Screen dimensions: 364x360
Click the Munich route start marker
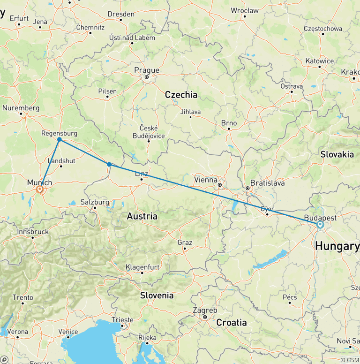point(40,189)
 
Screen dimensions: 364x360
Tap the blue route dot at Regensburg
point(60,139)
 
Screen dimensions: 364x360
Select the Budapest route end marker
point(320,225)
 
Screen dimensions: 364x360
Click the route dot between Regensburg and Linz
point(109,164)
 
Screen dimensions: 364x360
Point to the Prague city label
point(147,70)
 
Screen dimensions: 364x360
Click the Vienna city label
point(206,180)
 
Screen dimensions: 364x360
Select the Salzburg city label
point(94,202)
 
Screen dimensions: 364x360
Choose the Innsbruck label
point(33,232)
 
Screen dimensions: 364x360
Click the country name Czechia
point(181,95)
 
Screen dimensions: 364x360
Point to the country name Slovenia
point(157,296)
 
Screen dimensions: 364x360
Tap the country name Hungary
point(337,246)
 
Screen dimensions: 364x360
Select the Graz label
point(185,243)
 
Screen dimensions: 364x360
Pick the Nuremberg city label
point(21,108)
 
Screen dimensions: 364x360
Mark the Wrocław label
point(244,10)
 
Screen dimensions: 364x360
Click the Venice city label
point(68,332)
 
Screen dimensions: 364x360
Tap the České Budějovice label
point(149,132)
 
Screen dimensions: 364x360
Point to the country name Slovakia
point(337,154)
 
